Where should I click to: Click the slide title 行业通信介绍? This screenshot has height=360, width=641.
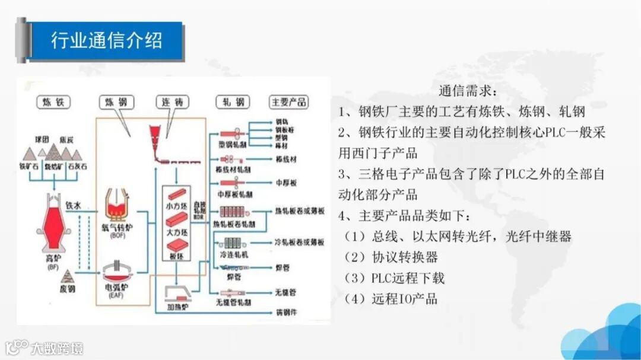click(x=106, y=41)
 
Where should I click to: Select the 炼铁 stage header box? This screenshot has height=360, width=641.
click(x=53, y=102)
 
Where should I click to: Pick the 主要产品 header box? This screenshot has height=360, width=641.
click(x=289, y=102)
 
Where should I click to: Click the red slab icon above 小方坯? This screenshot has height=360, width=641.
click(x=178, y=195)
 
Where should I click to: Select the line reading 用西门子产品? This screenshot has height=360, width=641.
click(x=378, y=152)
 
